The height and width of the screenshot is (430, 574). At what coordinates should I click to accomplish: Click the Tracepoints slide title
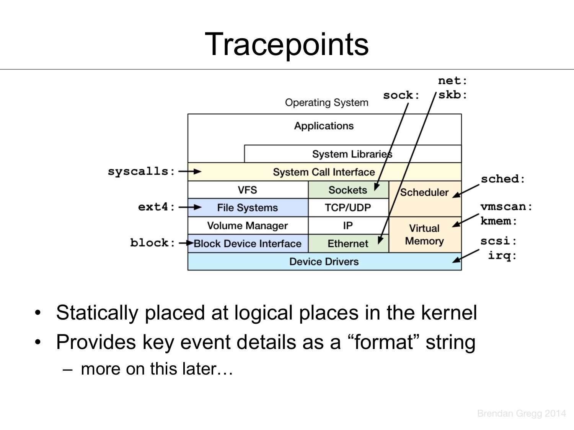pos(287,44)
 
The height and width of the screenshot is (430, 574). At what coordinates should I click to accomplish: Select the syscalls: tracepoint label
pos(141,172)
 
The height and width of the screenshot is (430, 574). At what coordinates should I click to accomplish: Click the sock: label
pos(401,95)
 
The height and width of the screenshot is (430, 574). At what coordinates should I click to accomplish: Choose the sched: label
pos(503,179)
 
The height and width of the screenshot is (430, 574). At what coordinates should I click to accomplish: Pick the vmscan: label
pos(506,207)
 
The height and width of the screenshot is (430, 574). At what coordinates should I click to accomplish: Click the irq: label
pos(502,255)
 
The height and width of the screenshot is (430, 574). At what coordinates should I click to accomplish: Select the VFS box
pos(248,190)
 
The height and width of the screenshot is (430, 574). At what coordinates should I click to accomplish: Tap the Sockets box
pos(348,190)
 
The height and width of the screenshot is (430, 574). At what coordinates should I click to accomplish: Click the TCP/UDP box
pos(348,208)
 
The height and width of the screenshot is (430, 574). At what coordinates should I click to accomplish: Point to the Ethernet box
pos(348,243)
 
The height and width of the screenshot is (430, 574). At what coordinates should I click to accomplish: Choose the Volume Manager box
pos(248,226)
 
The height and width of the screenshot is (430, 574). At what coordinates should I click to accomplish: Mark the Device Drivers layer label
pos(324,261)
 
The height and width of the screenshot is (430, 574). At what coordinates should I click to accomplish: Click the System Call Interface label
pos(324,172)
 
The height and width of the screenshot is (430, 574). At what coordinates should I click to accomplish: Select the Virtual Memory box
pos(424,235)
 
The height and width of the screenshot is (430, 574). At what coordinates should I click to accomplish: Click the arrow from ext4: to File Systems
pos(190,207)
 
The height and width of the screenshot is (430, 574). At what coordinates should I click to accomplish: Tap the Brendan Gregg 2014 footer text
pos(521,413)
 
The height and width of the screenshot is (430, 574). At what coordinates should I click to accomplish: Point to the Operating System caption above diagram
pos(326,102)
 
